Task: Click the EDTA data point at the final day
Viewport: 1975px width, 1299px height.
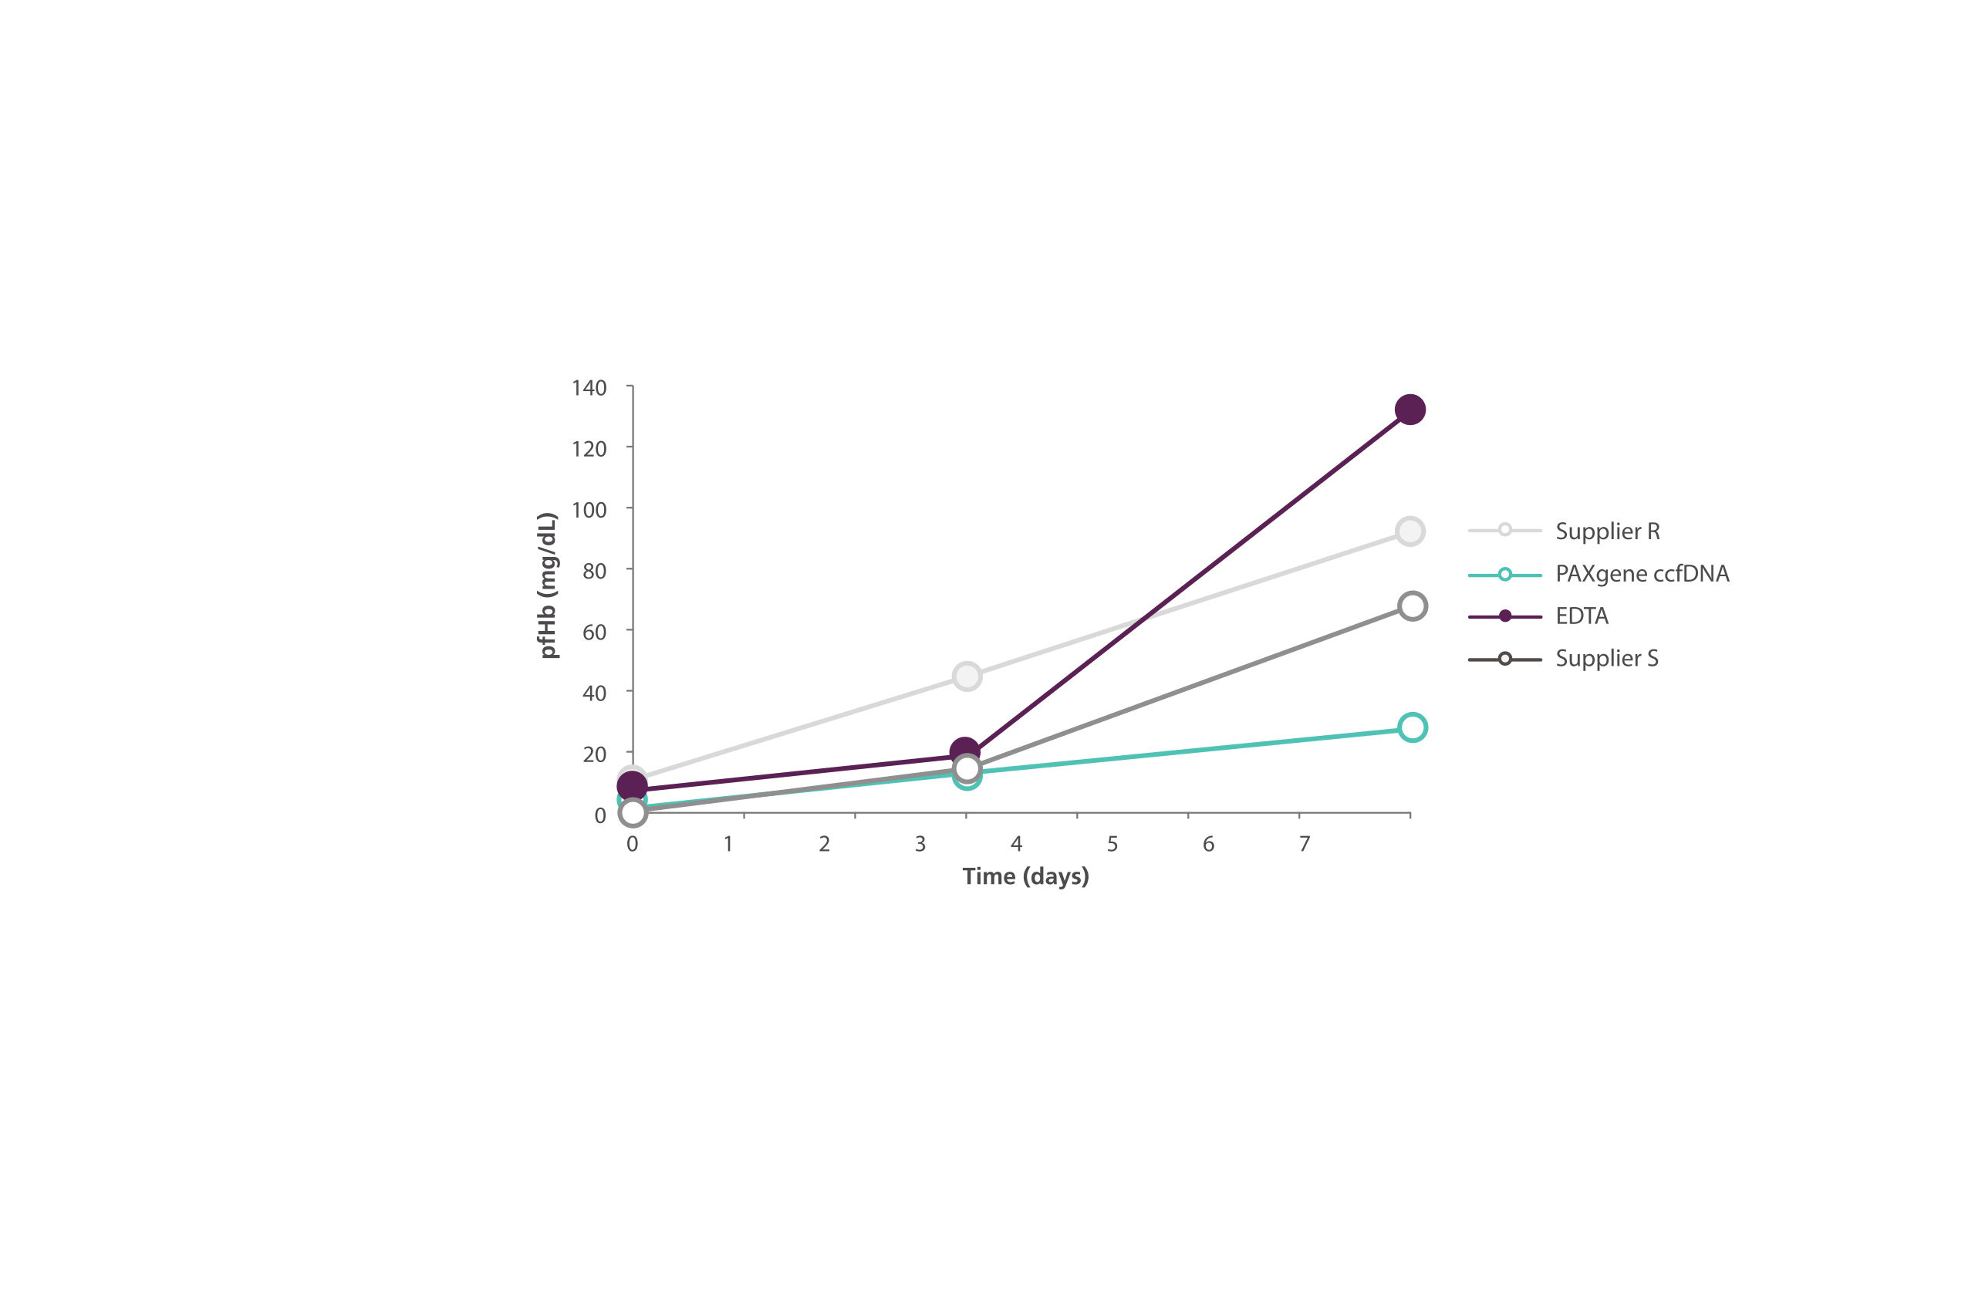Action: pyautogui.click(x=1410, y=410)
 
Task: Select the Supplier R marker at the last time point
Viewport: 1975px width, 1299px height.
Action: pyautogui.click(x=1410, y=531)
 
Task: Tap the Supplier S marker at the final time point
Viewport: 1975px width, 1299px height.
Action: pyautogui.click(x=1412, y=606)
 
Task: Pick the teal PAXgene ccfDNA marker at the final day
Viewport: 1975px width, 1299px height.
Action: pyautogui.click(x=1412, y=727)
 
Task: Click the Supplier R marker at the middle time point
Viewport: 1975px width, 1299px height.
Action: pyautogui.click(x=967, y=676)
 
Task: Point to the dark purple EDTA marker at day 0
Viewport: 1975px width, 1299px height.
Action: pyautogui.click(x=633, y=785)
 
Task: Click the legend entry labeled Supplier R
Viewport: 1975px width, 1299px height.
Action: pyautogui.click(x=1606, y=531)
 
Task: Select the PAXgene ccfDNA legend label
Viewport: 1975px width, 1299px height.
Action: pyautogui.click(x=1642, y=574)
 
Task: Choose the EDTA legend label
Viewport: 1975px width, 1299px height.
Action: pyautogui.click(x=1582, y=616)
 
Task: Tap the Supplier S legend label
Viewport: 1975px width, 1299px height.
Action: pyautogui.click(x=1606, y=659)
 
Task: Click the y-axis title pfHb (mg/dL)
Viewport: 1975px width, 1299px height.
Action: pyautogui.click(x=548, y=585)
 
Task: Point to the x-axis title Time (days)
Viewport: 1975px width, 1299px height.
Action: pyautogui.click(x=1025, y=876)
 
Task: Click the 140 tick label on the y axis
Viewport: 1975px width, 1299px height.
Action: pyautogui.click(x=589, y=388)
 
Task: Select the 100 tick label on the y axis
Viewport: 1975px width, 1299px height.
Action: pyautogui.click(x=589, y=510)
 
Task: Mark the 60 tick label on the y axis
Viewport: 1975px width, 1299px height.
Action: pyautogui.click(x=594, y=632)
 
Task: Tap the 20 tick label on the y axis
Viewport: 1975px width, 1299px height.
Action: pyautogui.click(x=594, y=754)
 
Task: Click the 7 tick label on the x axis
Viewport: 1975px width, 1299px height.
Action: pyautogui.click(x=1305, y=845)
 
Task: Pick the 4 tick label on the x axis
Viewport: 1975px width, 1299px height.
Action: pyautogui.click(x=1017, y=845)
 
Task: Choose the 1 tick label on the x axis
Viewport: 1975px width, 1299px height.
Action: pyautogui.click(x=728, y=845)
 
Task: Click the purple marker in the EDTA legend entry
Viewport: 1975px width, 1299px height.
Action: pyautogui.click(x=1504, y=616)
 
